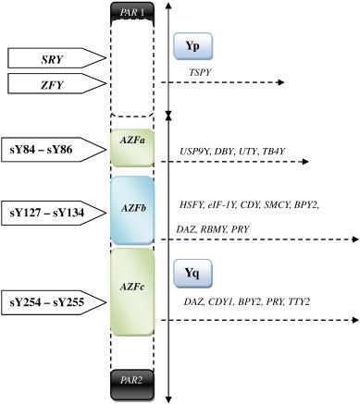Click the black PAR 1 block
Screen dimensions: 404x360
[137, 12]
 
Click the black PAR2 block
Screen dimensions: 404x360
[137, 380]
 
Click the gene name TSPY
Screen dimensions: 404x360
[199, 70]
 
